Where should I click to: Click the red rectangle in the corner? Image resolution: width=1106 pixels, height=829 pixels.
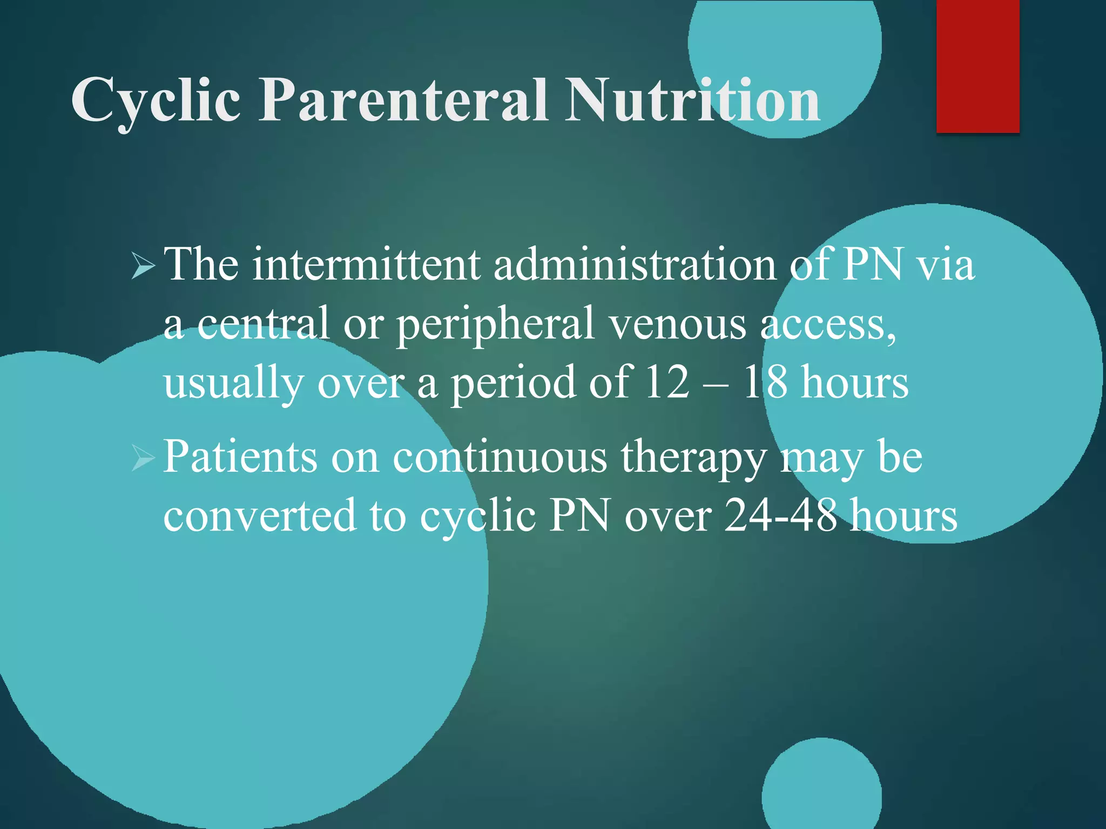[977, 66]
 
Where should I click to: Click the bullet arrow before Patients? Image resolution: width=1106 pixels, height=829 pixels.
[143, 458]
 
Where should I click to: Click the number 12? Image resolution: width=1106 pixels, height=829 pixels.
[667, 382]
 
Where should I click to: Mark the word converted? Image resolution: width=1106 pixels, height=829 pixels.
[260, 515]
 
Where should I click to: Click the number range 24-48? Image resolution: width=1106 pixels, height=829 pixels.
[780, 515]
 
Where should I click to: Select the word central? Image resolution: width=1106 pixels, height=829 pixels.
[263, 324]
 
